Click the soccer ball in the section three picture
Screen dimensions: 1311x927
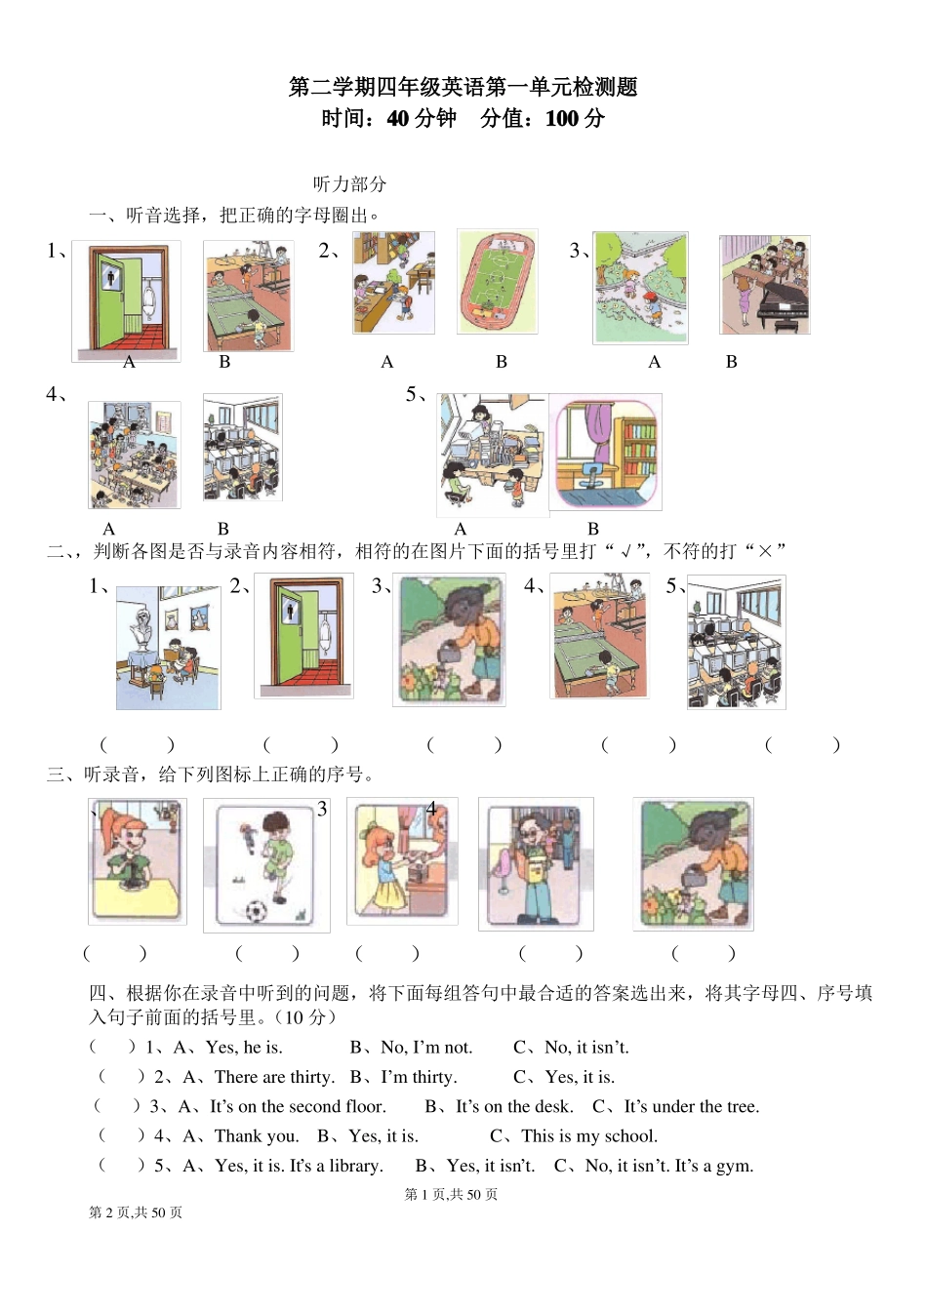[255, 911]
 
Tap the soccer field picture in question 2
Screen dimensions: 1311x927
[497, 283]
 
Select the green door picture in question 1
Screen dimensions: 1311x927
[126, 301]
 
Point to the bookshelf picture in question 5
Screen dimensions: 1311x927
[605, 452]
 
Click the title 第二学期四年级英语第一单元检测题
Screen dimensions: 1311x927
[463, 87]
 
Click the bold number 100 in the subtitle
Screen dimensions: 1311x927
[562, 119]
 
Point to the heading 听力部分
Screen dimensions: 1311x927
[349, 183]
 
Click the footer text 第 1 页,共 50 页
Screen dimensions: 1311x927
[451, 1194]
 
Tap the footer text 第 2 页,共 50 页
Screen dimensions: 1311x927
[136, 1212]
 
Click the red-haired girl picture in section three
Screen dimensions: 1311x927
[137, 860]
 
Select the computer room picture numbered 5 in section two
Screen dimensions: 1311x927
[736, 642]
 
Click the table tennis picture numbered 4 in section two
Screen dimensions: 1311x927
[599, 636]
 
